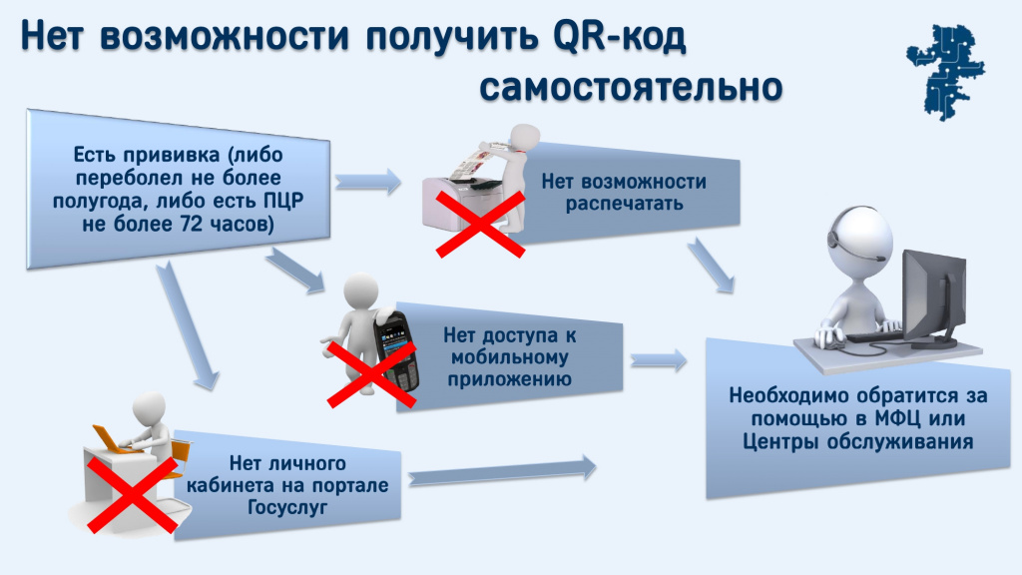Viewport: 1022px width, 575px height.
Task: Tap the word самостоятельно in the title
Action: click(x=630, y=87)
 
